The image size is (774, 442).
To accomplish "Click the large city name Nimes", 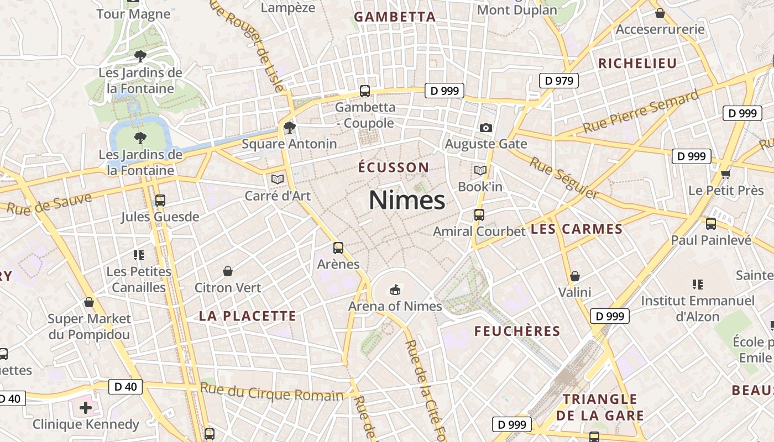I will click(407, 200).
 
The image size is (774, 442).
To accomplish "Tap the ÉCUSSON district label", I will click(393, 167).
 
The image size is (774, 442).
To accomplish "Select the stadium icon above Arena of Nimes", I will click(395, 289).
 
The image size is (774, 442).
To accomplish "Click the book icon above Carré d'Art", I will click(278, 179).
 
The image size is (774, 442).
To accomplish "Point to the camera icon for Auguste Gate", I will click(486, 128).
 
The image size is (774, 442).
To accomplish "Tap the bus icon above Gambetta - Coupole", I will click(365, 91).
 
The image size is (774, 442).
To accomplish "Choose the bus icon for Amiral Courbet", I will click(479, 215).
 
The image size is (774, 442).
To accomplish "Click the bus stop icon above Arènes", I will click(338, 248).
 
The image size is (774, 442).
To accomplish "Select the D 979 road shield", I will click(559, 81).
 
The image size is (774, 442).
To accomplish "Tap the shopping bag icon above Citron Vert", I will click(228, 271).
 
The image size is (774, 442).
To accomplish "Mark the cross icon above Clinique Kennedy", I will click(86, 408).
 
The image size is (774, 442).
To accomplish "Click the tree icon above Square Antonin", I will click(289, 128).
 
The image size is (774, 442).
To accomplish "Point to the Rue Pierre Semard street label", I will click(641, 114).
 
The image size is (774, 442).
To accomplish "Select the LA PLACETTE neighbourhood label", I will click(248, 316).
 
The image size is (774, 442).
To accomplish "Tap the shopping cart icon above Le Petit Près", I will click(726, 175).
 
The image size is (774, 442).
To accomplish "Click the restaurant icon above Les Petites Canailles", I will click(139, 255).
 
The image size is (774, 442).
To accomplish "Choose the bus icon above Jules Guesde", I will click(160, 201).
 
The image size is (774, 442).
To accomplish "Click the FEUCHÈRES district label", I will click(517, 331).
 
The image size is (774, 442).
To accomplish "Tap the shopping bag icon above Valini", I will click(575, 276).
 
